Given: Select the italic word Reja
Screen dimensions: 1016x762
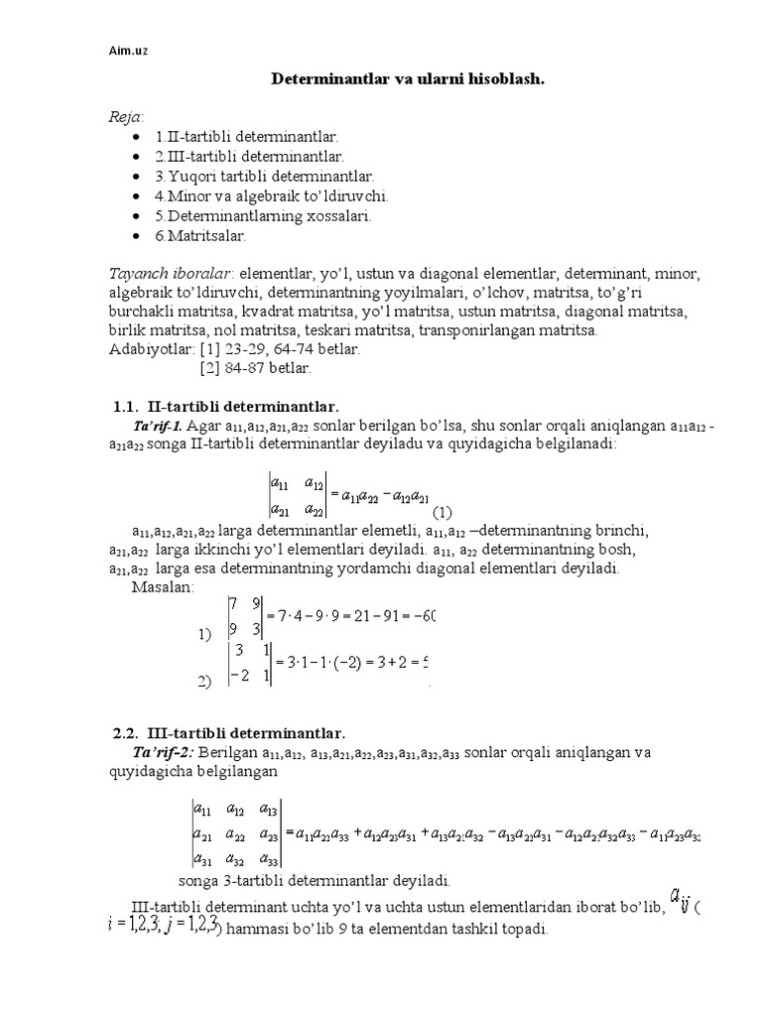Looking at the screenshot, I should pos(126,117).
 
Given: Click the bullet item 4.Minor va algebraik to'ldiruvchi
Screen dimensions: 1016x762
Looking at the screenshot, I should pos(271,195).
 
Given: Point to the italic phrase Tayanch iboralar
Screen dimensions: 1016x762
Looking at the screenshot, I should pos(170,273).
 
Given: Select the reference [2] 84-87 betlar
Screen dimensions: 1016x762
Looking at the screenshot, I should pos(255,368).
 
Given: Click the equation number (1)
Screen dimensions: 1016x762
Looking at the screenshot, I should pos(442,512).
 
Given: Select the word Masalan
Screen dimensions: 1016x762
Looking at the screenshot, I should pos(164,587).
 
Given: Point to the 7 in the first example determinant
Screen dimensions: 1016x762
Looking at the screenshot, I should pos(232,602).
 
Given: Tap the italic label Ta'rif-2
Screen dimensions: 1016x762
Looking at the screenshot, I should pos(166,752).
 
